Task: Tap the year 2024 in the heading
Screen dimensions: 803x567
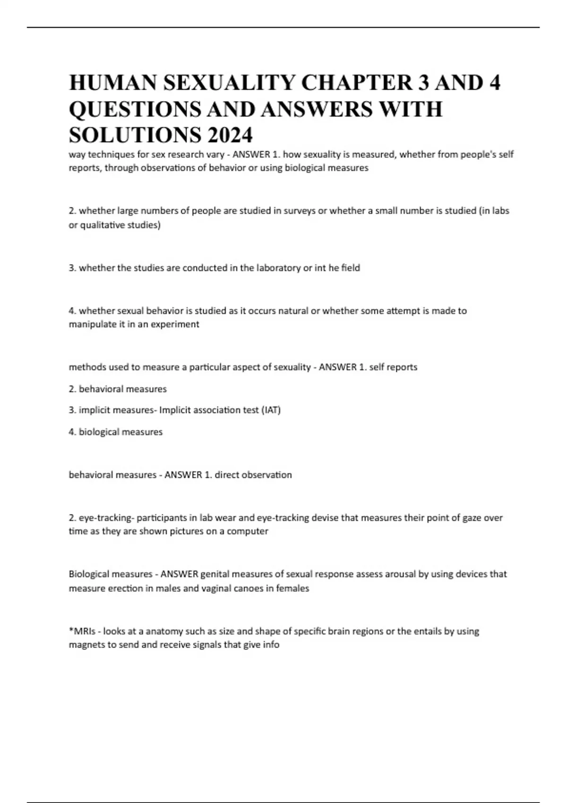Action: (x=229, y=136)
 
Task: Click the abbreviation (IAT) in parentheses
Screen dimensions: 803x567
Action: (x=271, y=410)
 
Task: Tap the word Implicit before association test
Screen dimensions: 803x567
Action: (x=175, y=410)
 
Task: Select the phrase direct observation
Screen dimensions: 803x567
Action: (x=253, y=475)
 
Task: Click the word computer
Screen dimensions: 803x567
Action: (x=248, y=531)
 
